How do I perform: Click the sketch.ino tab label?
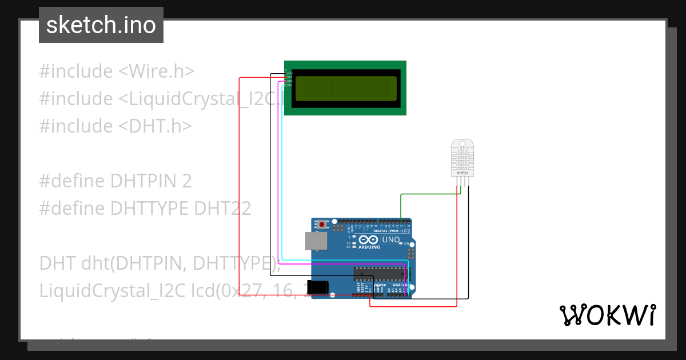101,25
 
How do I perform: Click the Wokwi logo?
607,315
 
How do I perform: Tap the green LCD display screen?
345,89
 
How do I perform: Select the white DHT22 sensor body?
462,157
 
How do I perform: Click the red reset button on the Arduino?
322,225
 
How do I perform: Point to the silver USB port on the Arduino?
315,241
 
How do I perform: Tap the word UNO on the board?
390,239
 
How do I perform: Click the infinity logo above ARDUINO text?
369,240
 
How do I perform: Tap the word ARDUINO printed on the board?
370,247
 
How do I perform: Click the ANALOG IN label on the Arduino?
400,285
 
